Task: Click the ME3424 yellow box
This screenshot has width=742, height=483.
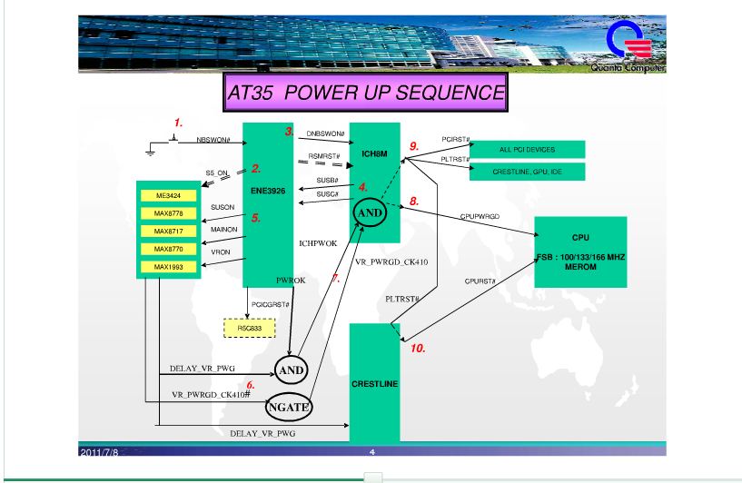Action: tap(168, 195)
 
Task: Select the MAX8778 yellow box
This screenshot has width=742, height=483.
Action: tap(168, 213)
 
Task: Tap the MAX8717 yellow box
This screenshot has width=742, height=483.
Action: tap(168, 232)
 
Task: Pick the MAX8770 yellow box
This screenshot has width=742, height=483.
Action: tap(168, 249)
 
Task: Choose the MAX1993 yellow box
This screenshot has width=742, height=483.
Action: tap(168, 267)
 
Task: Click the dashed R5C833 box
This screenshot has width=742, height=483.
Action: tap(250, 329)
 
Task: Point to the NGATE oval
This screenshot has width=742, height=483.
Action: tap(289, 407)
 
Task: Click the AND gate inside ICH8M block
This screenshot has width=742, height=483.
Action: tap(370, 212)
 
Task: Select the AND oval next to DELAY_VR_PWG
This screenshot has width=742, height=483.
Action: tap(291, 370)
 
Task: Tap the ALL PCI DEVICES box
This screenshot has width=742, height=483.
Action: tap(527, 150)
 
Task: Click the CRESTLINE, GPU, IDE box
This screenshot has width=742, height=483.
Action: tap(527, 172)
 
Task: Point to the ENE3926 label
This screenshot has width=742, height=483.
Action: tap(268, 191)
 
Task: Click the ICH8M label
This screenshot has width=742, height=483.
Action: tap(374, 153)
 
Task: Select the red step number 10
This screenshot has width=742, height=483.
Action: tap(418, 348)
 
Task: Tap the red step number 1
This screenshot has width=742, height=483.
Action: tap(178, 123)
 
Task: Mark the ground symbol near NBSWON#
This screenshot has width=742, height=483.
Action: tap(151, 150)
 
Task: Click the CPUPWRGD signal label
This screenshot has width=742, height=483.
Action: tap(480, 216)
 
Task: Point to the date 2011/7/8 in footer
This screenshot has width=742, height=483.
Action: tap(99, 452)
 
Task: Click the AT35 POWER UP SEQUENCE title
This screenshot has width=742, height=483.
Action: tap(365, 93)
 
